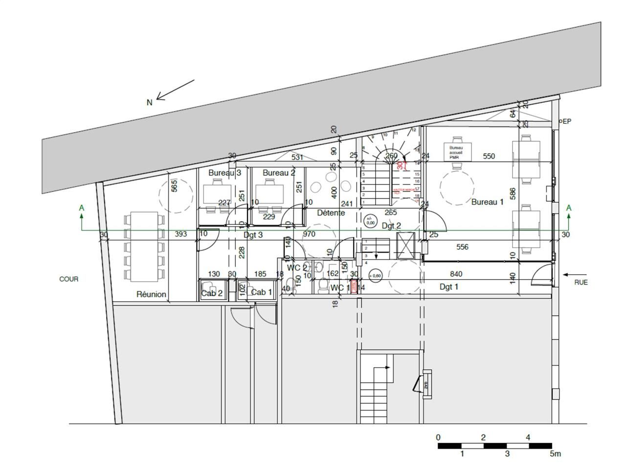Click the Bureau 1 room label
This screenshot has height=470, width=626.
[487, 202]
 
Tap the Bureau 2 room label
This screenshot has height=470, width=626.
[279, 173]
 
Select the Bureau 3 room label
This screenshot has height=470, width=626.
[224, 173]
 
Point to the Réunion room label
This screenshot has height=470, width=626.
[151, 294]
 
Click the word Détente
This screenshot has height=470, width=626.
[331, 213]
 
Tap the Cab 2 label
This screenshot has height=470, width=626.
[212, 293]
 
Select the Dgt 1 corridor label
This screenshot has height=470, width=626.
[448, 287]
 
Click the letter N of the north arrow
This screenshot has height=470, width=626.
[150, 102]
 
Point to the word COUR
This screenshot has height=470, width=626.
[68, 279]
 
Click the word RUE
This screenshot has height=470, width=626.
[581, 282]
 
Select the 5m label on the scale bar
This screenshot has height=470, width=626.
[555, 454]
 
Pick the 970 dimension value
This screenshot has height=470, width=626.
[309, 234]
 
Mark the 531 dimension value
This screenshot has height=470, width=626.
[297, 158]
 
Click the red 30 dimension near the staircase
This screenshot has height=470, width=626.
[401, 165]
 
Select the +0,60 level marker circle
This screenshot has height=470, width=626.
[376, 276]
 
